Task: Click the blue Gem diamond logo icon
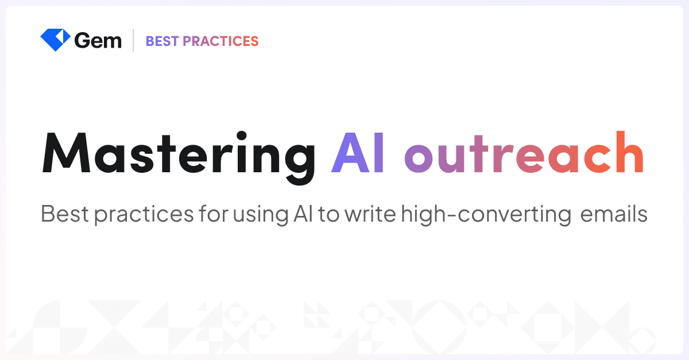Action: pyautogui.click(x=55, y=40)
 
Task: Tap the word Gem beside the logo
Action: pyautogui.click(x=98, y=41)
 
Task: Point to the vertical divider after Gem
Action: pyautogui.click(x=133, y=40)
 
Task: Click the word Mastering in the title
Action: pyautogui.click(x=179, y=154)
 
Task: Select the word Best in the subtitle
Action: pyautogui.click(x=64, y=215)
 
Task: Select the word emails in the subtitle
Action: pyautogui.click(x=614, y=215)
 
